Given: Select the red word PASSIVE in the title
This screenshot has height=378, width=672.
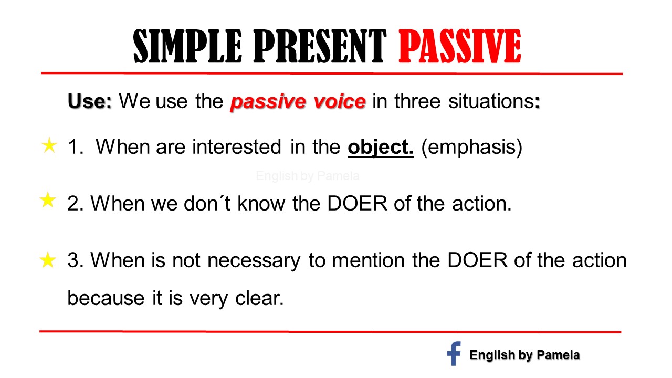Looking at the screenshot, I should (x=460, y=47).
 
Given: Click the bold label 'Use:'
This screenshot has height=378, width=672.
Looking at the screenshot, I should (x=90, y=101).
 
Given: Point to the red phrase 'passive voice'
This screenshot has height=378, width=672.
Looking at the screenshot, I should (x=298, y=102).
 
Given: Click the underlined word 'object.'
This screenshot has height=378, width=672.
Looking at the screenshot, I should (x=381, y=148).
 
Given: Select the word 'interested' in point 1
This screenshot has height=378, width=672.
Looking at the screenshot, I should (x=236, y=148).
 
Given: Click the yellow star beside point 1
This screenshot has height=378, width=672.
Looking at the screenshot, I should (x=48, y=146).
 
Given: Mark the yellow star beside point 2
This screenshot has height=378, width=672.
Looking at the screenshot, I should (x=48, y=200).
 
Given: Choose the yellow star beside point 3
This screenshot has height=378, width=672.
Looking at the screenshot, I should (x=48, y=260).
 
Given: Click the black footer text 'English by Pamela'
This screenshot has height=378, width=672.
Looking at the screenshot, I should (x=524, y=355).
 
